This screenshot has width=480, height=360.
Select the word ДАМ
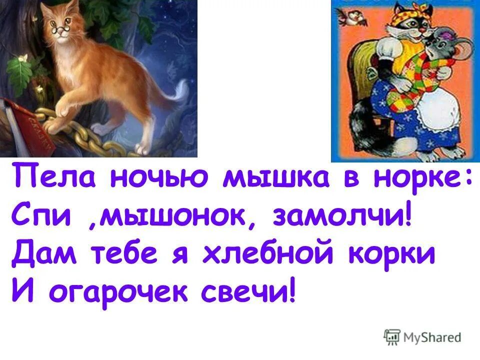42,254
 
